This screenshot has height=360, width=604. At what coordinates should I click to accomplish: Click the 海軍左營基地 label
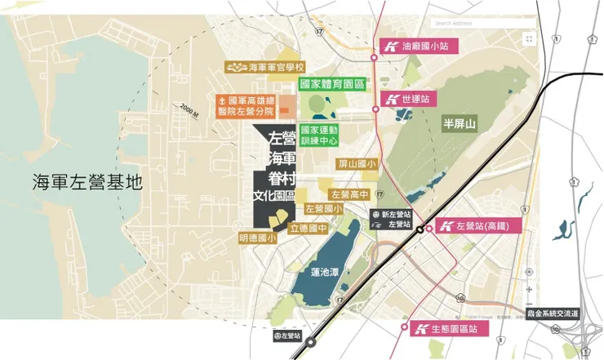point(87,182)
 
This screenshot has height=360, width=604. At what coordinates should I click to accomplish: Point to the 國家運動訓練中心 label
point(323,135)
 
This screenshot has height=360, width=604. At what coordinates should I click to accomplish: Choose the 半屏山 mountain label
point(460,125)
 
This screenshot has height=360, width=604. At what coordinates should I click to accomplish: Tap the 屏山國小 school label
point(357,165)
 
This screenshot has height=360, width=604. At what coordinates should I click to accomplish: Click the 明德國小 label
point(258,238)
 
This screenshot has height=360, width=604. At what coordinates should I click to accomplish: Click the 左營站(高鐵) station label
point(481,226)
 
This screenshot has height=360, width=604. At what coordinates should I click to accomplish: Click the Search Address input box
point(482,23)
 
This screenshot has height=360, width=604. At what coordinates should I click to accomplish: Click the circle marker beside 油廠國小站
point(375,56)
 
